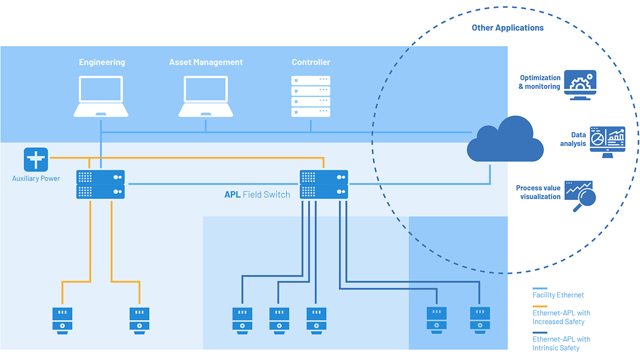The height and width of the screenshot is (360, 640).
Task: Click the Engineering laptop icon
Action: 101,96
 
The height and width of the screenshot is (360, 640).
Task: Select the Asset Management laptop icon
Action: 205,96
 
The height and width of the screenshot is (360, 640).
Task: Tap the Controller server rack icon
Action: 310,96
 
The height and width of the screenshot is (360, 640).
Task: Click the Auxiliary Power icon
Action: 36,159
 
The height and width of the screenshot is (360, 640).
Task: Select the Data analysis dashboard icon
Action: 607,141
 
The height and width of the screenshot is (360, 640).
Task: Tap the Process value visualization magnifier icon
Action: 580,195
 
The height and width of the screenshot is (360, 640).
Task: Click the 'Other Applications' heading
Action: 507,28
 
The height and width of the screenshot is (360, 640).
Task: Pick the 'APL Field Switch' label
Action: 257,194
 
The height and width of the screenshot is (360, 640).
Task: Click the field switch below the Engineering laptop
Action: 100,184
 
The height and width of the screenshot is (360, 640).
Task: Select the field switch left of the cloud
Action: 323,184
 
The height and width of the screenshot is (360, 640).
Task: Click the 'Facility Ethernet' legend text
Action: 558,295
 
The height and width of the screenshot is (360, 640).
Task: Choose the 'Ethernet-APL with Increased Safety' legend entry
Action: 561,317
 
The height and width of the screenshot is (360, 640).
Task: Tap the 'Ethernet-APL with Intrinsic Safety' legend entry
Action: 561,343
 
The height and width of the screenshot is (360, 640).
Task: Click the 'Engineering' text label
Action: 102,62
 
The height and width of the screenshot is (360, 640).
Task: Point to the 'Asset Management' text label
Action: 205,62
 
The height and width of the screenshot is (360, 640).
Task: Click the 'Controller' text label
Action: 311,62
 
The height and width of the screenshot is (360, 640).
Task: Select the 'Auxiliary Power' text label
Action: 36,178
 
